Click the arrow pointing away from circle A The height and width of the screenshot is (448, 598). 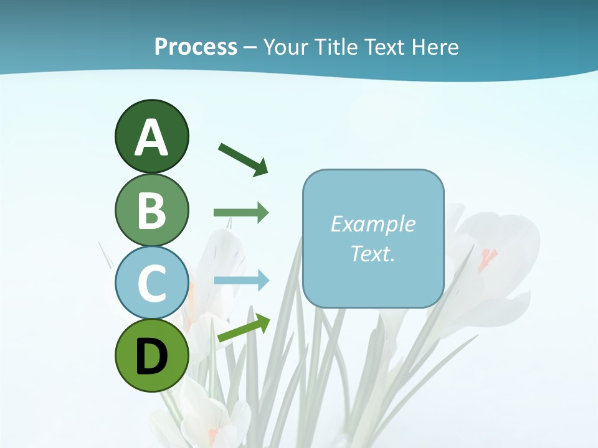point(243,159)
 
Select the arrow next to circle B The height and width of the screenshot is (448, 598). point(241,213)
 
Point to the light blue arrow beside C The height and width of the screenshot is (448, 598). point(241,281)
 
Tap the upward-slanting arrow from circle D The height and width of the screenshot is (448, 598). point(244,328)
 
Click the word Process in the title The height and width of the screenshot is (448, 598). point(196,47)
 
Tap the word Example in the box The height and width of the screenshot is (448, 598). point(373,224)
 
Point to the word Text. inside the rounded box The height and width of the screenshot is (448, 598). point(373,253)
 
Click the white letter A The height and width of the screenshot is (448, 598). point(151,138)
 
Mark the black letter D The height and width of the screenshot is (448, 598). point(151,357)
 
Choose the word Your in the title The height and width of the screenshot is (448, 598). point(285,47)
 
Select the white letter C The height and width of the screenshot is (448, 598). point(151,284)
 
